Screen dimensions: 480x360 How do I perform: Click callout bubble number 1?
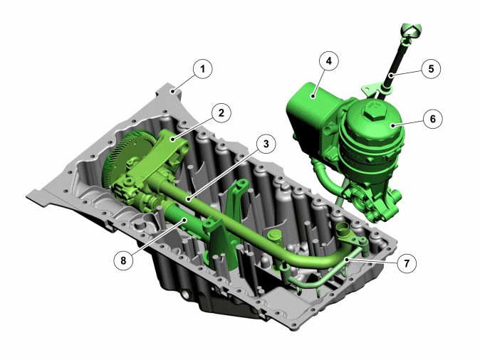click(x=203, y=69)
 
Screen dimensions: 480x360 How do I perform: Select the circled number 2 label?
click(x=221, y=113)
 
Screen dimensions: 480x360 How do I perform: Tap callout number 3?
click(x=266, y=144)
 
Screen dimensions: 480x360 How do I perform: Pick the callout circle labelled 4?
click(x=329, y=61)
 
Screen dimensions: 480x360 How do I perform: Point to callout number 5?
click(x=431, y=68)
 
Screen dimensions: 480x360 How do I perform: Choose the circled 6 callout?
click(x=432, y=119)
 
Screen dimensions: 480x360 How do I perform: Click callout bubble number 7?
click(x=407, y=263)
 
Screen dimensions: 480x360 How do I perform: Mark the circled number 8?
click(x=123, y=260)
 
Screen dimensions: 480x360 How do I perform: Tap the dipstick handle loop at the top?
click(x=411, y=31)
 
